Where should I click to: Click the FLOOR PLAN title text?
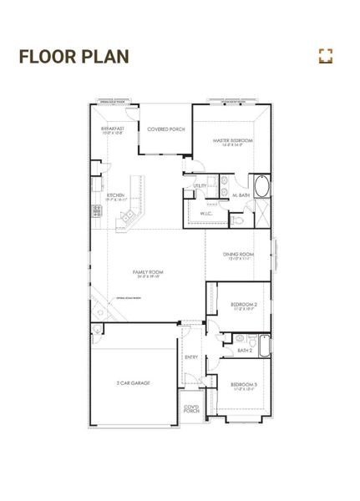tap(74, 57)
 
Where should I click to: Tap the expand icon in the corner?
tap(326, 56)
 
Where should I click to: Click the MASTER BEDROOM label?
tap(233, 142)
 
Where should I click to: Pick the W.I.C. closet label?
tap(205, 214)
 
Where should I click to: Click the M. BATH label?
tap(241, 195)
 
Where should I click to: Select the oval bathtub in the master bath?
tap(261, 186)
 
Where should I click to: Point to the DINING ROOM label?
tap(238, 256)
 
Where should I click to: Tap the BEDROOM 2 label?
tap(244, 306)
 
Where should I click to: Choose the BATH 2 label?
tap(245, 351)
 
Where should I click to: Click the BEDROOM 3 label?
tap(244, 384)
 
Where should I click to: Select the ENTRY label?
tap(191, 357)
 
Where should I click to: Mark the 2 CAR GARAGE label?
tap(134, 382)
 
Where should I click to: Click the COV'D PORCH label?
tap(191, 409)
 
